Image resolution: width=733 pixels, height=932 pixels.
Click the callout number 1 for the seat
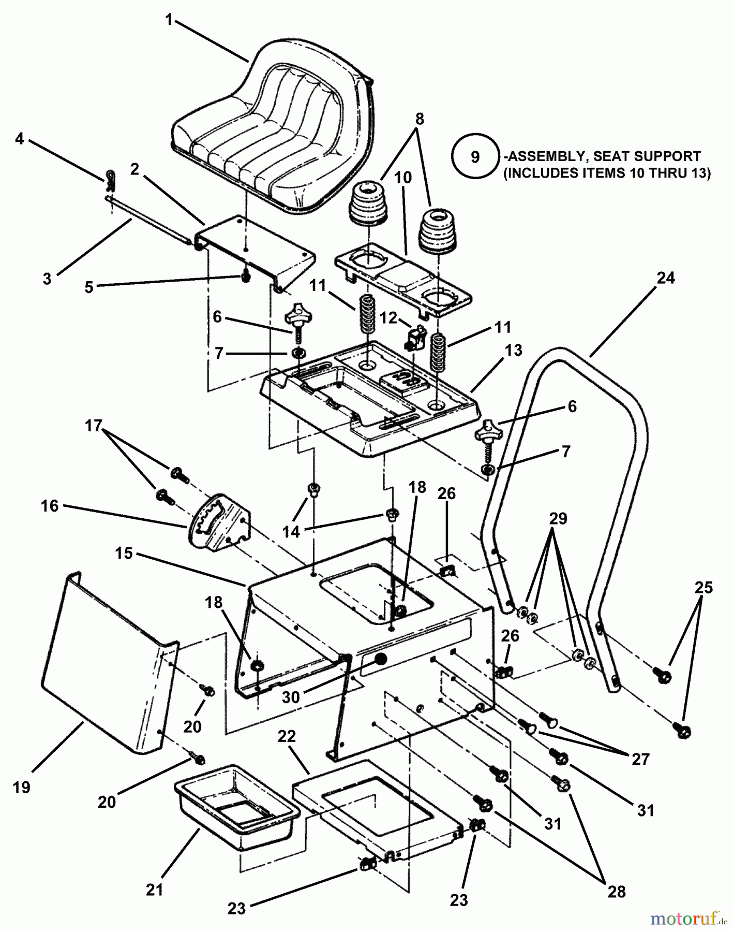click(x=168, y=20)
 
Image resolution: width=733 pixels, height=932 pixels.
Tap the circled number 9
click(x=474, y=157)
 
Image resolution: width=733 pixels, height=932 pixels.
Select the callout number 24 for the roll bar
click(x=665, y=278)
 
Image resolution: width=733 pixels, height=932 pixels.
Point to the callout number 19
click(x=22, y=788)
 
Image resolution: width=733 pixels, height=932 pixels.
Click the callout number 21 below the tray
click(x=154, y=890)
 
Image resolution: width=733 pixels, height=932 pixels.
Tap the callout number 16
click(x=50, y=505)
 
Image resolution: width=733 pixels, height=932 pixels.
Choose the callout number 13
click(x=513, y=351)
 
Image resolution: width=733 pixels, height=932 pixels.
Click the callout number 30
click(x=291, y=697)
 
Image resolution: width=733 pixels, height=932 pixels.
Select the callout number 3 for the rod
click(x=47, y=279)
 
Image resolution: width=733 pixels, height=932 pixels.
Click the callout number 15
click(x=124, y=553)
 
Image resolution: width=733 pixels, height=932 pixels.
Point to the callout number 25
click(x=704, y=588)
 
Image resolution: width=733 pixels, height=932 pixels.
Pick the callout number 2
click(x=134, y=169)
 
